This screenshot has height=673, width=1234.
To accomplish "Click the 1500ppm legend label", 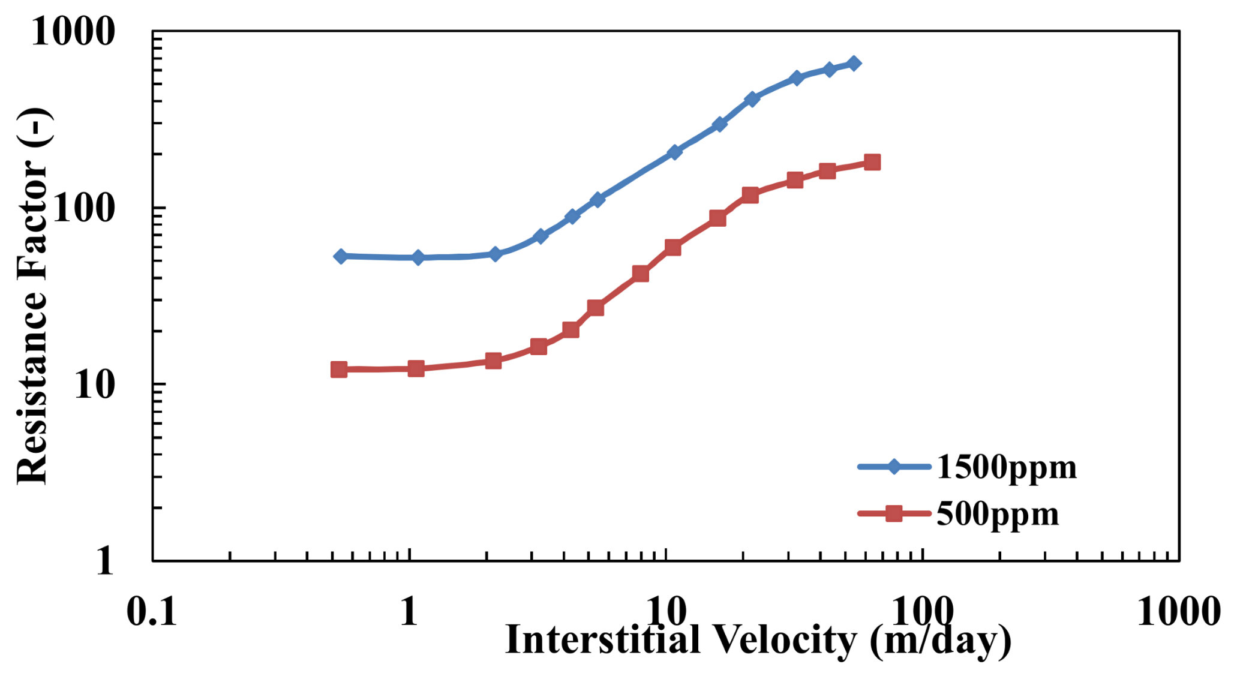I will [1006, 468].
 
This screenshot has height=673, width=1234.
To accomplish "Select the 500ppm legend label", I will [998, 515].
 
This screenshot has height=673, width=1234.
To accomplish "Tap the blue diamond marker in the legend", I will [894, 467].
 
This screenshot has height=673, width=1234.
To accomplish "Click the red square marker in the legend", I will [894, 513].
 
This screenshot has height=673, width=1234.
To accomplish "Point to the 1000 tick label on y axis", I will [73, 31].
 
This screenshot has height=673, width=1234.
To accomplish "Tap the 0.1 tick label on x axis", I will [152, 612].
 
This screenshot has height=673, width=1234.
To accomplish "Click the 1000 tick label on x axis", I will [1178, 612].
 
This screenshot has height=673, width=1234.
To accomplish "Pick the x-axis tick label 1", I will [409, 612].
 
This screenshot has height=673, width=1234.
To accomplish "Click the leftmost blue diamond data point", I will [340, 256].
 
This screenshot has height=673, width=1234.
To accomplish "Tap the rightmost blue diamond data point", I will [854, 64].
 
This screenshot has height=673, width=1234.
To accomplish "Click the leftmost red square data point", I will [339, 369].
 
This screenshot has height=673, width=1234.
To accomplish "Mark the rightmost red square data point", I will [872, 162].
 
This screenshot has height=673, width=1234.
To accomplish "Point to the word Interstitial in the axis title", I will [603, 639].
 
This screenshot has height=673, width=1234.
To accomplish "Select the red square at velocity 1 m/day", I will [416, 368].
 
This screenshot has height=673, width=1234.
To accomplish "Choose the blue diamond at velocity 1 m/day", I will [418, 257].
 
